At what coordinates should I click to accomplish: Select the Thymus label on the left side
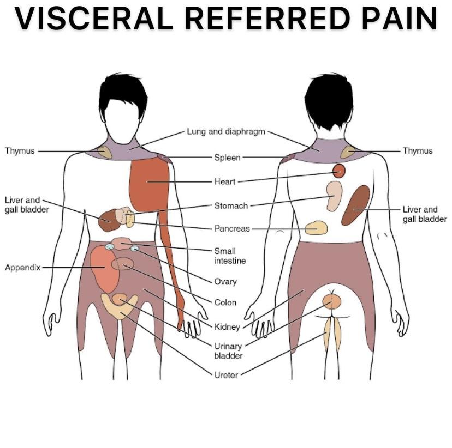pyautogui.click(x=20, y=151)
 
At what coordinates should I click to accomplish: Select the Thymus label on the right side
pyautogui.click(x=418, y=151)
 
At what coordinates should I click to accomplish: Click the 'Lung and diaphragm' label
pyautogui.click(x=226, y=131)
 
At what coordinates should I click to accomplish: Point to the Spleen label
pyautogui.click(x=227, y=158)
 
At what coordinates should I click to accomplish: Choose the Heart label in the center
pyautogui.click(x=224, y=181)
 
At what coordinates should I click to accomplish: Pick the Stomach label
pyautogui.click(x=231, y=206)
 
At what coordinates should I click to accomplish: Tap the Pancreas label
pyautogui.click(x=232, y=229)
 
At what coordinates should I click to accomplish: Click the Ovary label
pyautogui.click(x=225, y=282)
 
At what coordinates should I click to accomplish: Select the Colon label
pyautogui.click(x=225, y=302)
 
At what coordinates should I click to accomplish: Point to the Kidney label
pyautogui.click(x=227, y=327)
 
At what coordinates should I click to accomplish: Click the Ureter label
pyautogui.click(x=226, y=375)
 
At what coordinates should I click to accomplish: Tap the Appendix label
pyautogui.click(x=22, y=268)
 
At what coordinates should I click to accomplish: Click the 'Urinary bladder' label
pyautogui.click(x=228, y=351)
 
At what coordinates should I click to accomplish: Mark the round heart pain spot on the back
pyautogui.click(x=339, y=171)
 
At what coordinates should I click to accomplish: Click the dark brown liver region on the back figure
pyautogui.click(x=355, y=205)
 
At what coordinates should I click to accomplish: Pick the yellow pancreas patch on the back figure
pyautogui.click(x=316, y=228)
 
